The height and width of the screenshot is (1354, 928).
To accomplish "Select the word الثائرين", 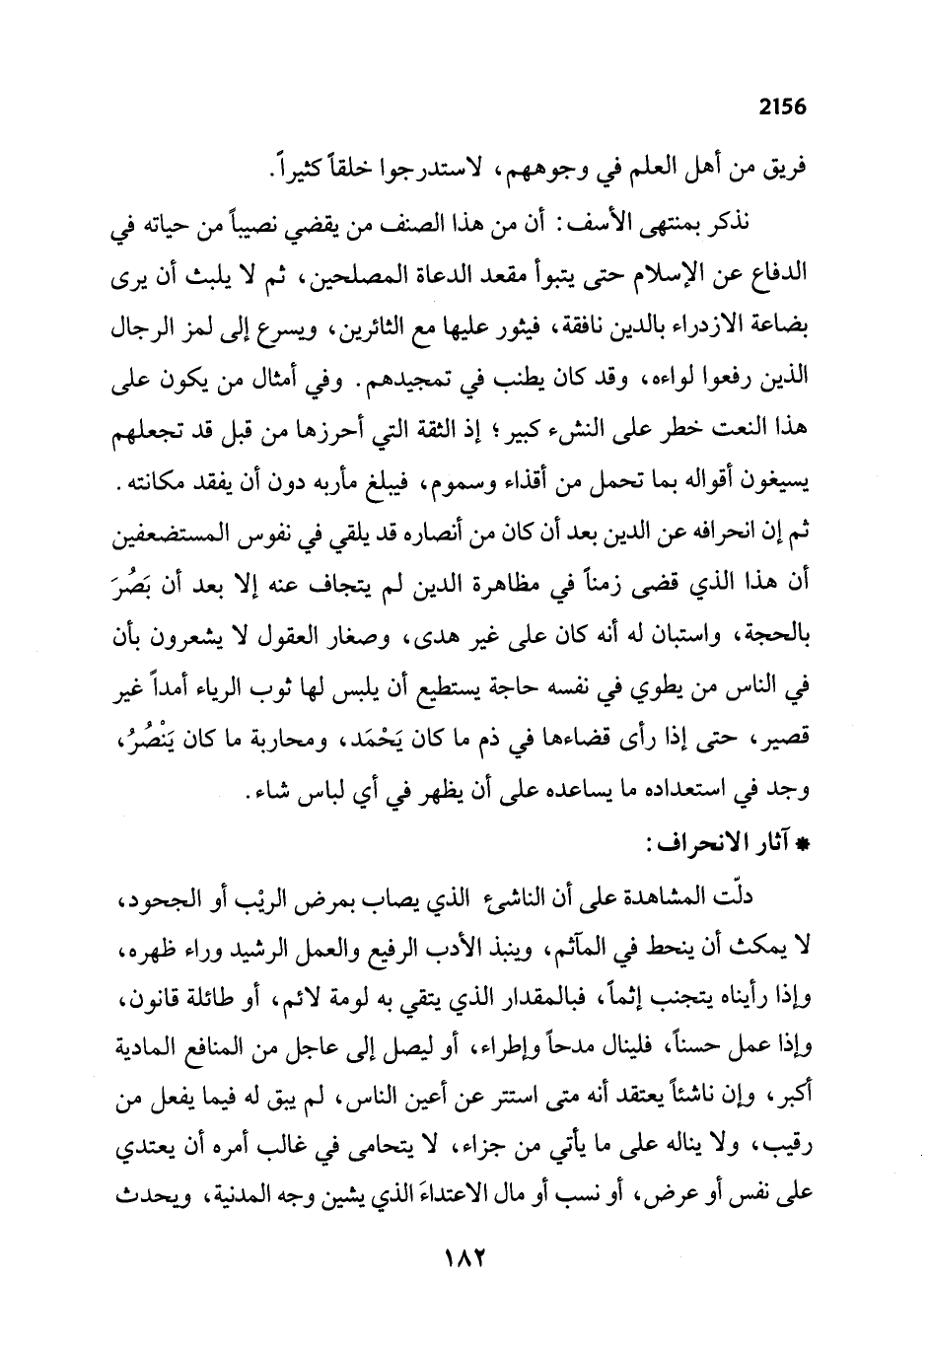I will tap(374, 321).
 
